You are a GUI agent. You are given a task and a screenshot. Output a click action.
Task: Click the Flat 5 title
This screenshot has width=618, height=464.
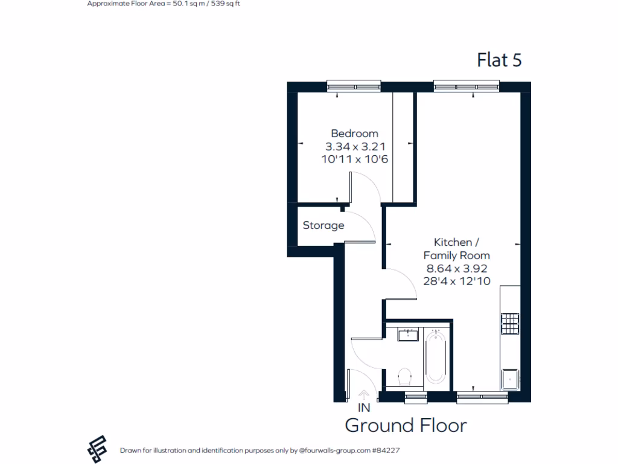point(499,60)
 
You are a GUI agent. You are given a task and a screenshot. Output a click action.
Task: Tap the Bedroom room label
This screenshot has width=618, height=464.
point(354,134)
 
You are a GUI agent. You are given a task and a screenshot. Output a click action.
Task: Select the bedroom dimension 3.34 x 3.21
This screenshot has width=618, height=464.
point(355,146)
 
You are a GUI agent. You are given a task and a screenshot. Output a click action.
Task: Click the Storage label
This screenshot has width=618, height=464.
point(323,225)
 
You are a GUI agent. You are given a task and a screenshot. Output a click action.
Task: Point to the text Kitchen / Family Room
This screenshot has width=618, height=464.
point(456,249)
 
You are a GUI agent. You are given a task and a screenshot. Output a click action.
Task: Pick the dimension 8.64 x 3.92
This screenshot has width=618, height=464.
point(456,269)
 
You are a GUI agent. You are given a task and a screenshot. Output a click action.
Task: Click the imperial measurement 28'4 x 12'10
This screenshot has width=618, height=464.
point(456,282)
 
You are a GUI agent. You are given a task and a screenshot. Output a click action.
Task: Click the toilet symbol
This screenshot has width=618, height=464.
point(405,376)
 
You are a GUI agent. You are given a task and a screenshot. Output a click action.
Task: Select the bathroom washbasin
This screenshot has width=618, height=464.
point(409,334)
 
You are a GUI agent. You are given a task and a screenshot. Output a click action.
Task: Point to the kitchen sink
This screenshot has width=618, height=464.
point(511,378)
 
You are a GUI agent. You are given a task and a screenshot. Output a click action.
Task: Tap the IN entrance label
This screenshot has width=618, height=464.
point(364,408)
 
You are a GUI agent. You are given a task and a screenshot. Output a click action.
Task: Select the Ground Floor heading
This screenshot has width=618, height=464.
point(406,425)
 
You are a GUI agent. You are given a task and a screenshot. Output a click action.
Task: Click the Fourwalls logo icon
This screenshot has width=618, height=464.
point(97,449)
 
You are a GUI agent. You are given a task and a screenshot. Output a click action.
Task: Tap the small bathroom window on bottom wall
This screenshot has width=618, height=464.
point(415,397)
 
